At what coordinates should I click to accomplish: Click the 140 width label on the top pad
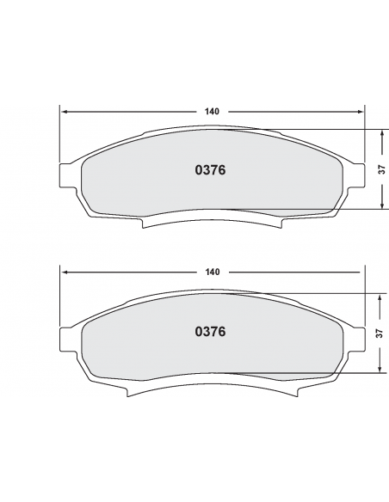click(x=212, y=112)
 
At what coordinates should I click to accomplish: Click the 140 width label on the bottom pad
click(x=212, y=272)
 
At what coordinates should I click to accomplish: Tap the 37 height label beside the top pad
click(x=382, y=169)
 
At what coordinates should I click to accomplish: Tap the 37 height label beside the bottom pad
click(x=380, y=334)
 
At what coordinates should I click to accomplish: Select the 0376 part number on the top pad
click(x=210, y=170)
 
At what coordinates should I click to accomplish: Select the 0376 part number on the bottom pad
click(x=210, y=331)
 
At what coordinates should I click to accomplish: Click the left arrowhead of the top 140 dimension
click(x=65, y=112)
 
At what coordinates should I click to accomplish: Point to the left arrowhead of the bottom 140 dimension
click(x=65, y=272)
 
